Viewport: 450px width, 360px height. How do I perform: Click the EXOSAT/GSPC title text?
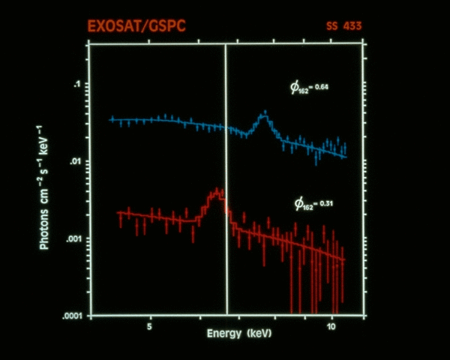tap(136, 27)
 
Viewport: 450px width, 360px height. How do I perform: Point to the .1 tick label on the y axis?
tap(76, 85)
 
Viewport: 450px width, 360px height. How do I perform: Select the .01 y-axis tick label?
tap(74, 161)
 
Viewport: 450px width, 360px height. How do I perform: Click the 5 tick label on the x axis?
tap(150, 328)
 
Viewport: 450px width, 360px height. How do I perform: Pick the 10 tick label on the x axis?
tap(331, 328)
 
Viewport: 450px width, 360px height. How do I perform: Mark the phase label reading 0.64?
tap(310, 88)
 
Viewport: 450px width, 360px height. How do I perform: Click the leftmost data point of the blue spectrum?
tap(112, 119)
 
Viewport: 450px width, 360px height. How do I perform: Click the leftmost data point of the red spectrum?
tap(118, 214)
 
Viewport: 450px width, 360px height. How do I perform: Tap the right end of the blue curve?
tap(346, 157)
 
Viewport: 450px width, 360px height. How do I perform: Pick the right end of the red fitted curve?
tap(343, 260)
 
